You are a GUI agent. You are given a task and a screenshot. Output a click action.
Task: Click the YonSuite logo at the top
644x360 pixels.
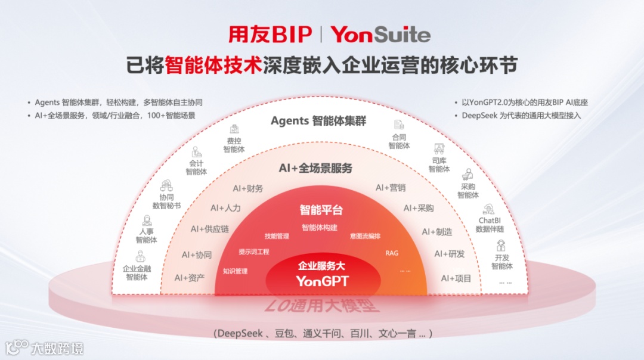tap(380, 35)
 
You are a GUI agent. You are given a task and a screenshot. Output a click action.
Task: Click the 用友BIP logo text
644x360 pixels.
tap(270, 35)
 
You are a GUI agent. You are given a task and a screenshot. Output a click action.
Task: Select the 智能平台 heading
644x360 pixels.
tap(321, 210)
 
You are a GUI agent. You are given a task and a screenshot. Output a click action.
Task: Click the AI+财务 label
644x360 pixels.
tap(248, 188)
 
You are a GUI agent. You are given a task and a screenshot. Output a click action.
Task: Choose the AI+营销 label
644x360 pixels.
tap(391, 188)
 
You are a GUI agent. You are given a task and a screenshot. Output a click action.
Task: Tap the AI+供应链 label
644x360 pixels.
tap(210, 229)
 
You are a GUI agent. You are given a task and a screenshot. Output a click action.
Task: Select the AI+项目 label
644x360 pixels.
tap(456, 278)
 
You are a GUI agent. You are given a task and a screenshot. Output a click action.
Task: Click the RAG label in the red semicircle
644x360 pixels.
tap(392, 253)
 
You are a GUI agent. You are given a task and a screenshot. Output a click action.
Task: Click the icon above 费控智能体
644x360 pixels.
tap(234, 129)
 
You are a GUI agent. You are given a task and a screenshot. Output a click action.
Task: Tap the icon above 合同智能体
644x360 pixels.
tap(399, 125)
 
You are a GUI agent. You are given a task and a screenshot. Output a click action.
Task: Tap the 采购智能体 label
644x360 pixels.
tap(468, 191)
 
